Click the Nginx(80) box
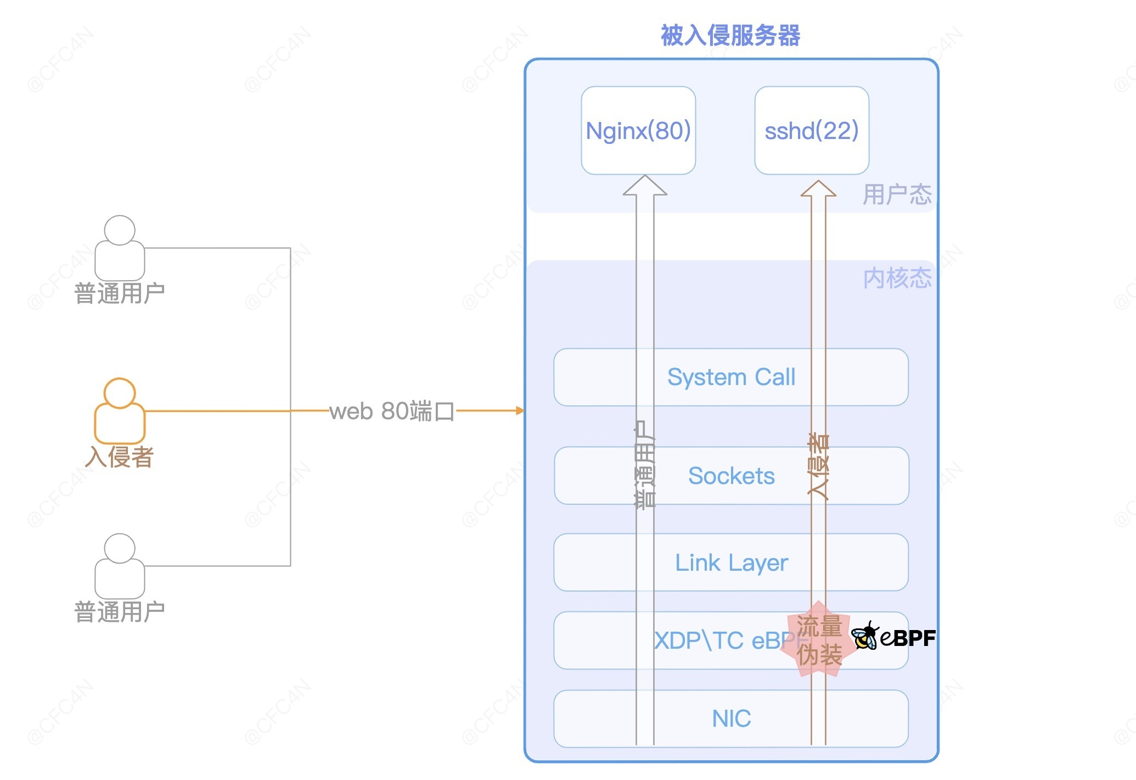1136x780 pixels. [x=638, y=130]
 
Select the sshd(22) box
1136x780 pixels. [x=812, y=130]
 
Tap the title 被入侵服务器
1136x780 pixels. [x=730, y=36]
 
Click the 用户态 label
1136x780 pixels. [x=897, y=194]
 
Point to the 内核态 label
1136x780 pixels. [x=897, y=278]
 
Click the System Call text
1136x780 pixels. [x=731, y=377]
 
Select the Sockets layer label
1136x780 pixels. [x=732, y=476]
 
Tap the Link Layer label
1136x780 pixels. [x=732, y=563]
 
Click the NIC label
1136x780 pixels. [x=732, y=718]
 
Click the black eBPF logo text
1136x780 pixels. [x=908, y=638]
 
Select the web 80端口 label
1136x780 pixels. [x=392, y=411]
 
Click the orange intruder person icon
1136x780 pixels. [x=120, y=411]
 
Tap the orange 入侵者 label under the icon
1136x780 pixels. [x=120, y=457]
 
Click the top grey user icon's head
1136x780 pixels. [x=120, y=230]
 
